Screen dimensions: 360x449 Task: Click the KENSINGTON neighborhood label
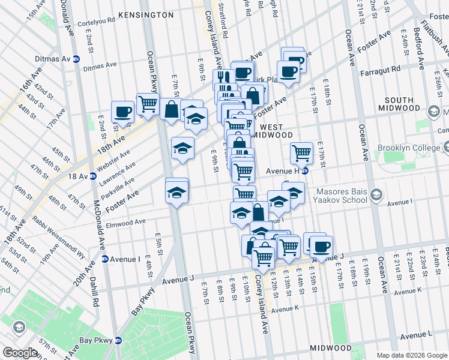pyautogui.click(x=146, y=14)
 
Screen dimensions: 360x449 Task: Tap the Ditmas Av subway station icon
pyautogui.click(x=76, y=59)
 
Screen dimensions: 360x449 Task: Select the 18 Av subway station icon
pyautogui.click(x=93, y=176)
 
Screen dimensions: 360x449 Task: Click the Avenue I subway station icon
pyautogui.click(x=105, y=259)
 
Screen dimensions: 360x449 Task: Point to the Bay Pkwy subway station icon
pyautogui.click(x=118, y=340)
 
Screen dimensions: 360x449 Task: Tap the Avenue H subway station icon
pyautogui.click(x=304, y=170)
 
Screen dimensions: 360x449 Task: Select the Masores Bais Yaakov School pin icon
pyautogui.click(x=376, y=194)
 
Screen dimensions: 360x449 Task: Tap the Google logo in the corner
pyautogui.click(x=20, y=353)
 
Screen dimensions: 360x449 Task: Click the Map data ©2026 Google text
pyautogui.click(x=411, y=355)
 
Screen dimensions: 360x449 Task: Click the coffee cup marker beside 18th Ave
pyautogui.click(x=123, y=112)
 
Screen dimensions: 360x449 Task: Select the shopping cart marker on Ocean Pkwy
pyautogui.click(x=147, y=104)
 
